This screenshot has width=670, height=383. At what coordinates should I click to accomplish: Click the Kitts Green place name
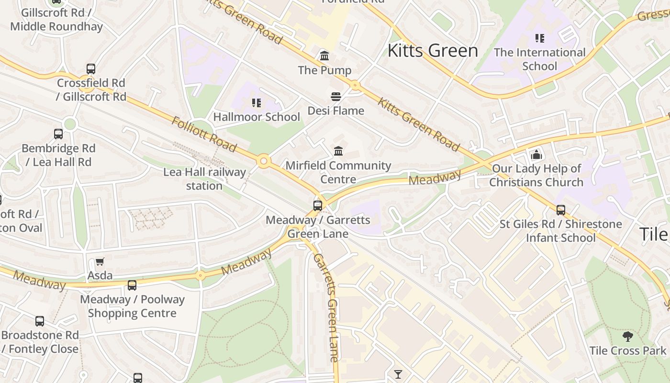[433, 50]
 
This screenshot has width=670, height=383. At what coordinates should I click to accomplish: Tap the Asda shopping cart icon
[100, 262]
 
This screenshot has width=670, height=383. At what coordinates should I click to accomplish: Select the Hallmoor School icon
[256, 102]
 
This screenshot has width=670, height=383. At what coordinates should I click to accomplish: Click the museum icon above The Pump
[324, 56]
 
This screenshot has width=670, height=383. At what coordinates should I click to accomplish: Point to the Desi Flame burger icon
[336, 97]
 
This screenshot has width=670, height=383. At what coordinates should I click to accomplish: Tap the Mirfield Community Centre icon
[338, 151]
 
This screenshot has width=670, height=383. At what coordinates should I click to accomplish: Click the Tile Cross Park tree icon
[627, 337]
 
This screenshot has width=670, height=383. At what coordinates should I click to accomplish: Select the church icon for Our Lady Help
[536, 155]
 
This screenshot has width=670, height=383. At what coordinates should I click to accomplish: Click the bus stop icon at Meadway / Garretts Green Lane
[317, 206]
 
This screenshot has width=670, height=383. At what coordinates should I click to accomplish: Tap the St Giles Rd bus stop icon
[560, 210]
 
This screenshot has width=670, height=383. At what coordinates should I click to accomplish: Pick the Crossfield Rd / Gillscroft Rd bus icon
[91, 69]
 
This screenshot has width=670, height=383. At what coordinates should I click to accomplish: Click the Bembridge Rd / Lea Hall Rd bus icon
[58, 134]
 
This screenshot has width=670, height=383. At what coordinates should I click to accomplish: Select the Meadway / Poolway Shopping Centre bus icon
[132, 285]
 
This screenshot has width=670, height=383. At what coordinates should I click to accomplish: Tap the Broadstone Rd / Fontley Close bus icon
[40, 321]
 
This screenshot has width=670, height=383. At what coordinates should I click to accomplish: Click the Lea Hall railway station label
[204, 179]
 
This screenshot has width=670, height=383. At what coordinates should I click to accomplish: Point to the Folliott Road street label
[204, 134]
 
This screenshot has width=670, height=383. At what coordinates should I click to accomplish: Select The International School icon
[539, 38]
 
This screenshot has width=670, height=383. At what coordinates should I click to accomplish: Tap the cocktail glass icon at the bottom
[398, 374]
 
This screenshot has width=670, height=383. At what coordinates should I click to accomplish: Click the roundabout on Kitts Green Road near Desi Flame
[355, 85]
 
